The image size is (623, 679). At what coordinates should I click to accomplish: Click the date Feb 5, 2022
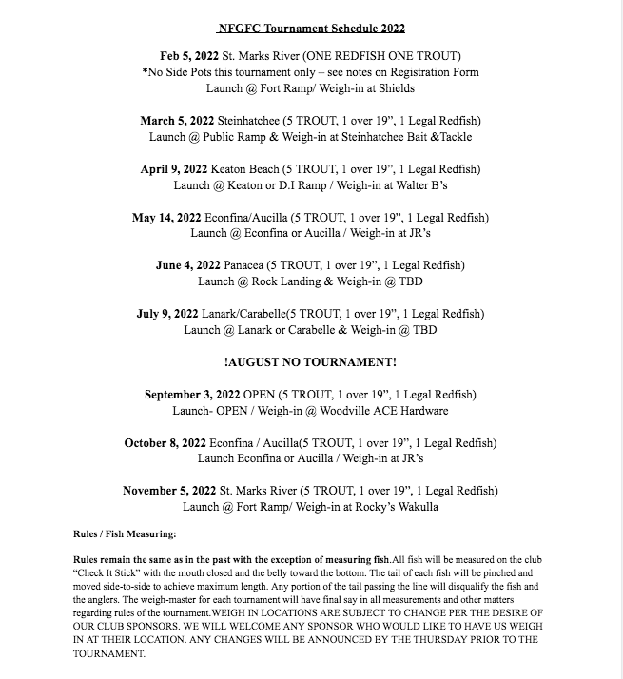tap(194, 56)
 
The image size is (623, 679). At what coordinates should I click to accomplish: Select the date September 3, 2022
tap(192, 395)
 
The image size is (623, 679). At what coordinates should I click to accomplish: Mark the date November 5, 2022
tap(169, 491)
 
